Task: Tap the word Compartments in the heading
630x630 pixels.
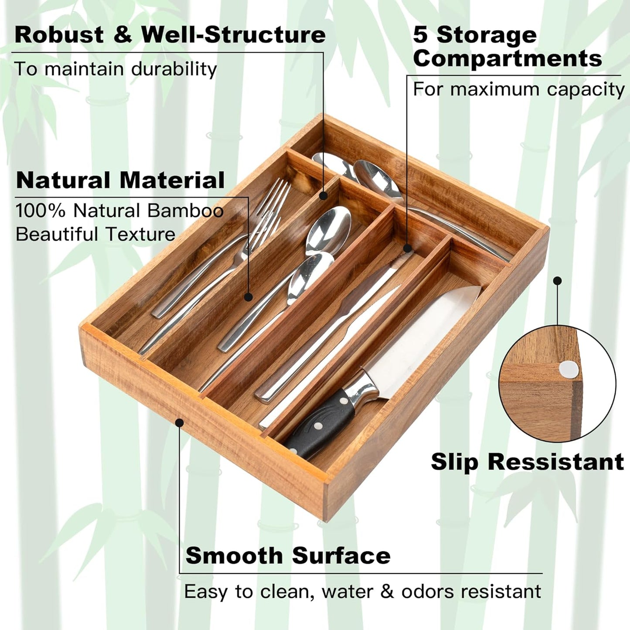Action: (x=507, y=58)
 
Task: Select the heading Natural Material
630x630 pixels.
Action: (x=120, y=180)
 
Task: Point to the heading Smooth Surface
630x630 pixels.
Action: (x=288, y=555)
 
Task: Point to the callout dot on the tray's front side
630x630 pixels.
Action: (x=179, y=422)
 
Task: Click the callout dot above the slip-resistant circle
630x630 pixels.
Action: (x=557, y=281)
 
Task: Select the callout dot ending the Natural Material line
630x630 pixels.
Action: (x=249, y=297)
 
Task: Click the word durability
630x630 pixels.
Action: (x=174, y=69)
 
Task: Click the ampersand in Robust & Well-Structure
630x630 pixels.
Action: (x=123, y=35)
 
